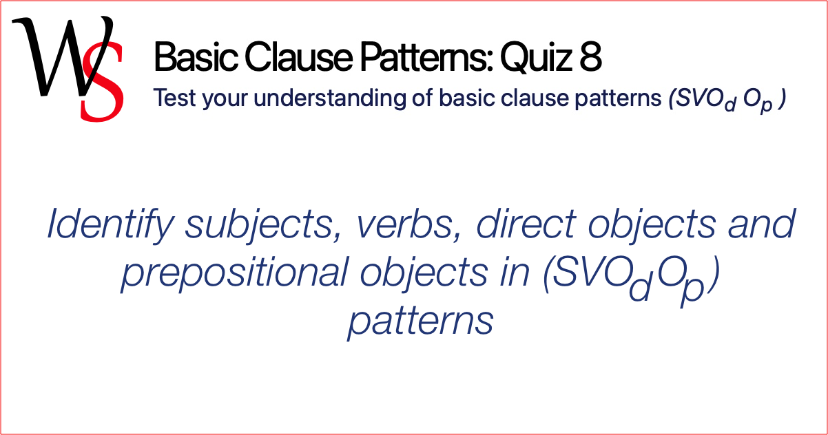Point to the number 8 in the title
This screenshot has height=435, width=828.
point(590,58)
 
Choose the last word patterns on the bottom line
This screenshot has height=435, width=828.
point(420,320)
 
